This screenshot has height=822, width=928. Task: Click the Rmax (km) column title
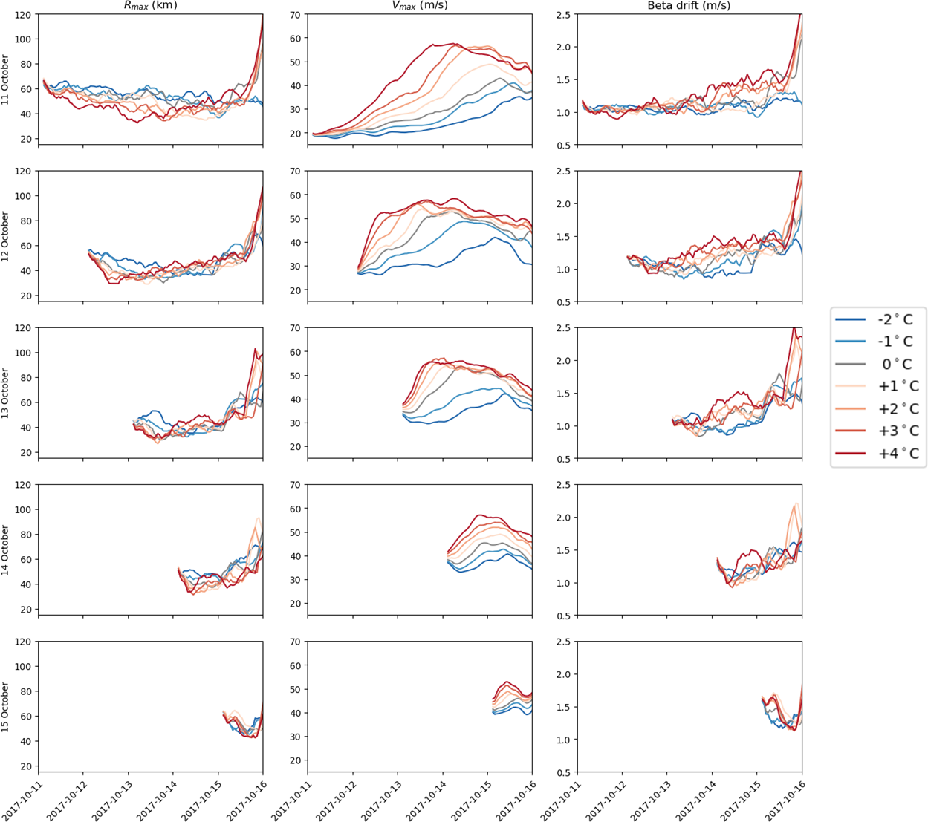tap(150, 6)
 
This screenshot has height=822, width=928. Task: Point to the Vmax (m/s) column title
tap(420, 6)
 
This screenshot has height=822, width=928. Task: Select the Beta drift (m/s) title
tap(689, 6)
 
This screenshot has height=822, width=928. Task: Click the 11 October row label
tap(6, 79)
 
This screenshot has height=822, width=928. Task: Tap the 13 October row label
tap(6, 393)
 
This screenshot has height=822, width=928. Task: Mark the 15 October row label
tap(6, 707)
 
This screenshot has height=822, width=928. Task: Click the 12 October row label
tap(6, 236)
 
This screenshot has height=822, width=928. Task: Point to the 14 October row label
tap(6, 550)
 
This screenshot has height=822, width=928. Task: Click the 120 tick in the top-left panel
tap(23, 15)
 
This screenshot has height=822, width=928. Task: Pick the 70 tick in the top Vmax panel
tap(295, 15)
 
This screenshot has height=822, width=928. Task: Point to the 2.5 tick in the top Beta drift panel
tap(562, 15)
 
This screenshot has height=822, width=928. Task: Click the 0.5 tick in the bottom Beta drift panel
tap(562, 772)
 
